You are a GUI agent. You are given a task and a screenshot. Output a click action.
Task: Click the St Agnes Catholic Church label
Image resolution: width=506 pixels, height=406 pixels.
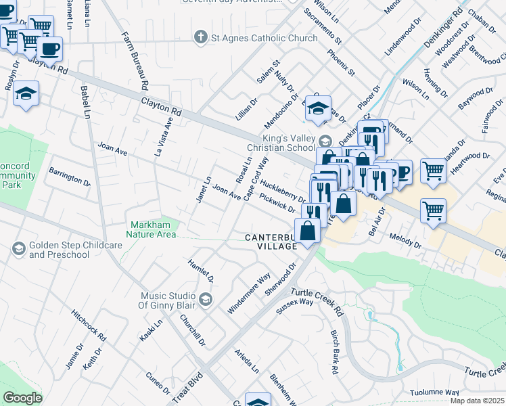(264, 38)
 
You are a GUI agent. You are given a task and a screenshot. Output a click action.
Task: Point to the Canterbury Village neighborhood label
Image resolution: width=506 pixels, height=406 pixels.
(271, 242)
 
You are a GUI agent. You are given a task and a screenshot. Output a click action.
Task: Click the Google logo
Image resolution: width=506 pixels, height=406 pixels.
(22, 398)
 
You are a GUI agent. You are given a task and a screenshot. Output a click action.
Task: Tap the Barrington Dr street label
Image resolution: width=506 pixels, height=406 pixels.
(69, 177)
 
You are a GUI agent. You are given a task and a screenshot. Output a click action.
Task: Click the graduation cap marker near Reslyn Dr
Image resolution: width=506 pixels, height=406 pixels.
(26, 93)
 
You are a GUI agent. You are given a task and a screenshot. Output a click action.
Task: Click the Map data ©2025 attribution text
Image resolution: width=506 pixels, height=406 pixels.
(477, 401)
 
